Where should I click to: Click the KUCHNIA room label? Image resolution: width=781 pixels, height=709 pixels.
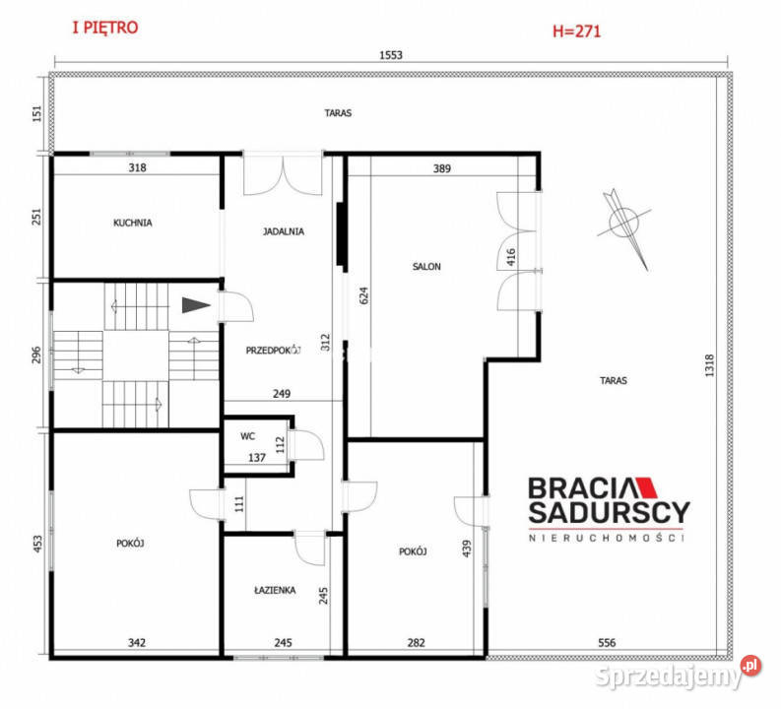(x=133, y=223)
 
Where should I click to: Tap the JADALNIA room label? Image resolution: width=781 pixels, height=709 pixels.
(x=284, y=231)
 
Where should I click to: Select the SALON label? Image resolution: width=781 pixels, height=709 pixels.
(x=426, y=267)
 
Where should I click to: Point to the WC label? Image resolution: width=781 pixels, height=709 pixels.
(x=247, y=436)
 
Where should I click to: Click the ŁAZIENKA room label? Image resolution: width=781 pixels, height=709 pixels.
(x=275, y=590)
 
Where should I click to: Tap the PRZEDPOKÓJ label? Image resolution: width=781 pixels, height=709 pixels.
(x=274, y=350)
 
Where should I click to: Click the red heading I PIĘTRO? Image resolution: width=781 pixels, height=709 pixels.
(x=105, y=28)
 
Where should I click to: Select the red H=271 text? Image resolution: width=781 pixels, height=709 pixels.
(x=577, y=32)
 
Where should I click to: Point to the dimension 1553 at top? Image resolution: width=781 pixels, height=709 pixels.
(x=391, y=55)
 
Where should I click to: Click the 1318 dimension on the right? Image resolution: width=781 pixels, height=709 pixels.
(x=710, y=365)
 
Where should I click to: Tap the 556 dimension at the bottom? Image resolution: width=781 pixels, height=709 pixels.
(x=607, y=643)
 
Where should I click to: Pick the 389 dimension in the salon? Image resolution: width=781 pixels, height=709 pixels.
(x=442, y=168)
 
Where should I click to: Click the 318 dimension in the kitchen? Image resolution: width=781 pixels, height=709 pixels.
(x=138, y=167)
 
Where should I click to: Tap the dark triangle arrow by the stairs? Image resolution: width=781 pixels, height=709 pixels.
(x=196, y=305)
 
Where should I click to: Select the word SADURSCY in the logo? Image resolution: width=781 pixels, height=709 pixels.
(x=610, y=512)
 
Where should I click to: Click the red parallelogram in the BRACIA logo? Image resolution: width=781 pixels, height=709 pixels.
(x=645, y=487)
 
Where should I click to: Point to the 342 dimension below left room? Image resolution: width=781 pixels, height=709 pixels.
(x=137, y=643)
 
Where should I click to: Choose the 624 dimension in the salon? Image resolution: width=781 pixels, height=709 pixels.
(x=363, y=295)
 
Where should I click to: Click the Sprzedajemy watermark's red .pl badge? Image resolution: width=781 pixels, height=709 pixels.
(x=750, y=666)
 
